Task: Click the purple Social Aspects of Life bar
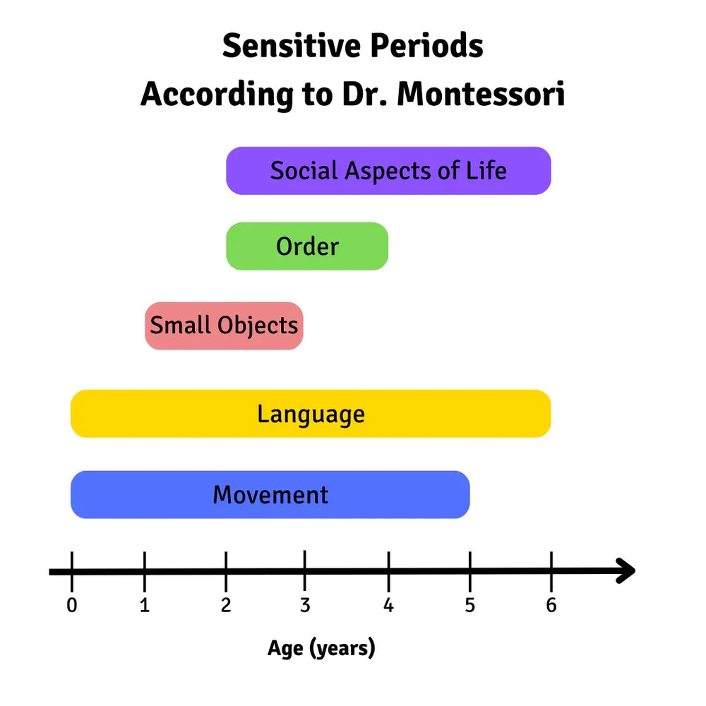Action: tap(388, 171)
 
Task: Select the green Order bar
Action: tap(307, 246)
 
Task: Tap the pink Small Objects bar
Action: tap(224, 325)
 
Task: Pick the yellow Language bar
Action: tap(311, 414)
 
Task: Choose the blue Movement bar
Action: tap(270, 495)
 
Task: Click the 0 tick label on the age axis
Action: tap(71, 606)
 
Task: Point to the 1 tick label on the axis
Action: tap(145, 606)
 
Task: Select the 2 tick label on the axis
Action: tap(226, 606)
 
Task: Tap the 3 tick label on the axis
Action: tap(304, 606)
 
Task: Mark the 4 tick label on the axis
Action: tap(388, 606)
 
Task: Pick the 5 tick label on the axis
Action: tap(469, 606)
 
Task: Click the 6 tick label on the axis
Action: tap(551, 606)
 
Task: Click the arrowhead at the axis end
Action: tap(625, 570)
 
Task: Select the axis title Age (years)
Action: tap(321, 648)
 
